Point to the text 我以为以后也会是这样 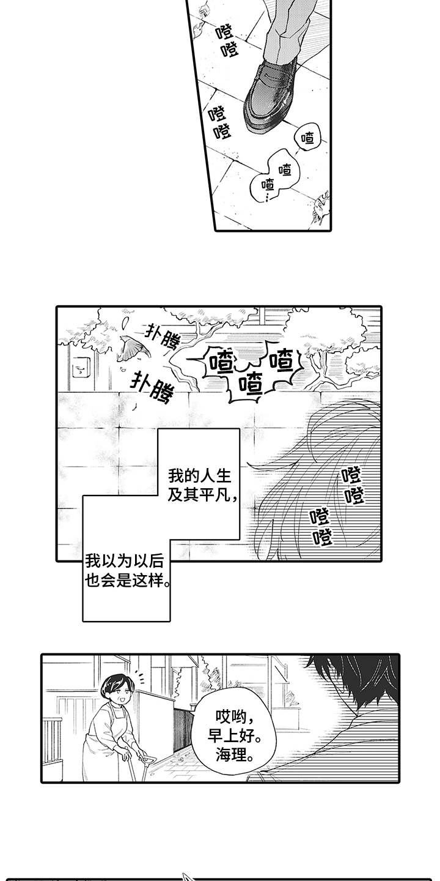[x=127, y=570]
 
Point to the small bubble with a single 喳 [x=308, y=139]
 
